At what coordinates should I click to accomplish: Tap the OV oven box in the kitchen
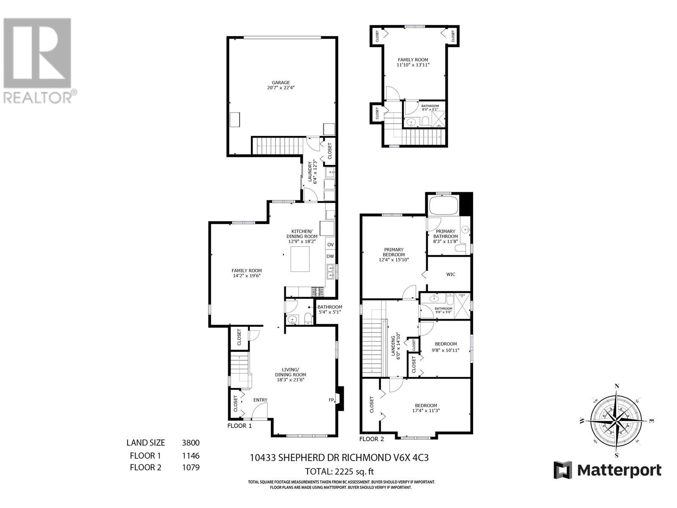pyautogui.click(x=330, y=245)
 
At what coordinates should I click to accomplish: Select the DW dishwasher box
pyautogui.click(x=330, y=257)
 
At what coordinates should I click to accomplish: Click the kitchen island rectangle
pyautogui.click(x=300, y=259)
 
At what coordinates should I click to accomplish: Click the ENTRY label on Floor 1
pyautogui.click(x=260, y=400)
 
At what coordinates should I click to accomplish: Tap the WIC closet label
pyautogui.click(x=451, y=274)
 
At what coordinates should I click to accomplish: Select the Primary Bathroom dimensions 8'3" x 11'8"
pyautogui.click(x=446, y=242)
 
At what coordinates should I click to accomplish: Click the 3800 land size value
pyautogui.click(x=190, y=443)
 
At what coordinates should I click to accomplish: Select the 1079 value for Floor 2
pyautogui.click(x=190, y=468)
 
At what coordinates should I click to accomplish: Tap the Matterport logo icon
pyautogui.click(x=563, y=470)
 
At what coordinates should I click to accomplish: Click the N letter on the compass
pyautogui.click(x=617, y=386)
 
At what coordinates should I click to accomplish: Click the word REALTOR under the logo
pyautogui.click(x=37, y=97)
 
